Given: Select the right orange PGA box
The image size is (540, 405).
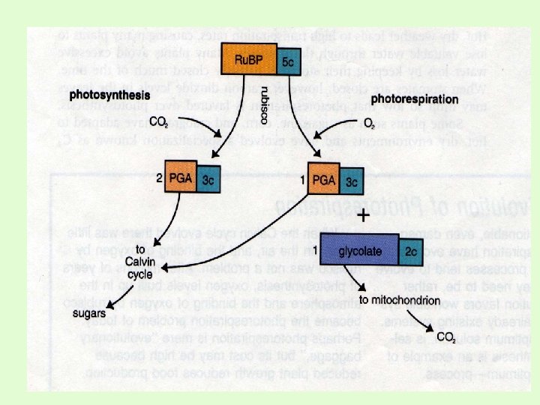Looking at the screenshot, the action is tap(323, 180).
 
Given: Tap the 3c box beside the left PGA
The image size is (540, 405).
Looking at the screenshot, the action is tap(209, 181).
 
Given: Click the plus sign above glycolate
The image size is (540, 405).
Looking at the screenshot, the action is tap(363, 216).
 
